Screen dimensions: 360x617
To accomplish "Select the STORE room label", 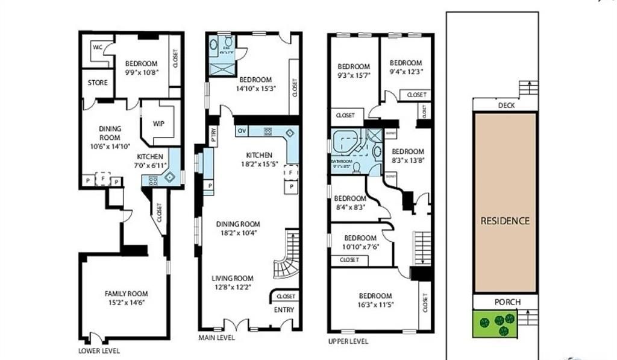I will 98,83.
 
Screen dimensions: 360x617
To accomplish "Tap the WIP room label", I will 158,124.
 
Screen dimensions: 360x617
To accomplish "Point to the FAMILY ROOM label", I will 125,294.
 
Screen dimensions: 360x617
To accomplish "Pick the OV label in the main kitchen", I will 242,131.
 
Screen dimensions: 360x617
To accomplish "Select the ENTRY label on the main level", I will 284,310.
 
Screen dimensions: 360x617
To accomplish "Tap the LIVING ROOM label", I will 232,278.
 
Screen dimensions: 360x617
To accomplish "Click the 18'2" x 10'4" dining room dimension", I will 238,232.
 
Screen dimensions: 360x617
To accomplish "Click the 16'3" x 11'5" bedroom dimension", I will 375,305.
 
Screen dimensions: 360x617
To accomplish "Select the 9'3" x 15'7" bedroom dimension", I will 354,75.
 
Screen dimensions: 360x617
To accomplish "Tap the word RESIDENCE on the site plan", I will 505,221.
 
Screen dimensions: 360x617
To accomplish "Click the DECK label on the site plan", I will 506,105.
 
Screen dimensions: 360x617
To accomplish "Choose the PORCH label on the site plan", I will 504,302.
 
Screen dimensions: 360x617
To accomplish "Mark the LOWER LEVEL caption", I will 99,350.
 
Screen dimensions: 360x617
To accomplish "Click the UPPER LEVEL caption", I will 348,341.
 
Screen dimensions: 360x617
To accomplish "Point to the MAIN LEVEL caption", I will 217,338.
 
